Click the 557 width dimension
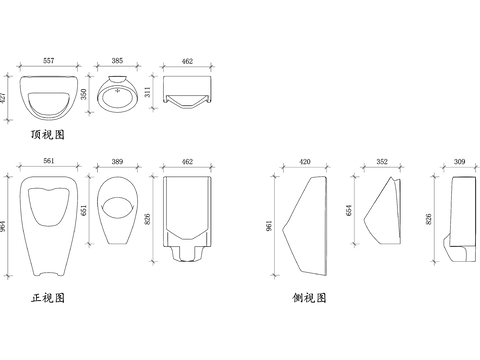49,61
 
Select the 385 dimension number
117,61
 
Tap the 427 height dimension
3,97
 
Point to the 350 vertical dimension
84,94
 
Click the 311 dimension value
148,92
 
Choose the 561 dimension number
49,161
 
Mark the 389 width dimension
117,161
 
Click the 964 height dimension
3,226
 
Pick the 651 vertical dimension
84,210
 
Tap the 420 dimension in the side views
305,162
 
